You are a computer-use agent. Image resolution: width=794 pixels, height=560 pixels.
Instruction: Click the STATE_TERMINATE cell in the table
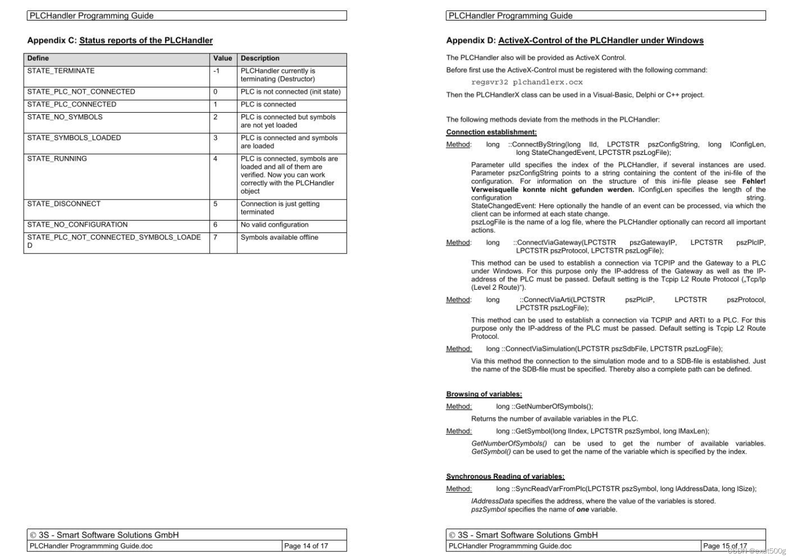61,71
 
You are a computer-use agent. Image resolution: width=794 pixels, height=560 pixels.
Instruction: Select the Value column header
223,58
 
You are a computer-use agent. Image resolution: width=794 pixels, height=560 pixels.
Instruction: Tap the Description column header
260,58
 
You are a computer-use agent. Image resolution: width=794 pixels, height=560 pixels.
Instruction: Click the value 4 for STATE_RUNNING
216,159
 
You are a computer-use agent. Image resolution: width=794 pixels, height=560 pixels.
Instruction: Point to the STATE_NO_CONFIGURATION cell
78,225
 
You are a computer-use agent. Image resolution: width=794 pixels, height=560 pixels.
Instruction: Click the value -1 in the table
217,71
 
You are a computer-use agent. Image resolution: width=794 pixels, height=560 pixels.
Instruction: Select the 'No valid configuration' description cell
274,225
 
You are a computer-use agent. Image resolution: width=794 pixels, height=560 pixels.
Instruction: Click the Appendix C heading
120,40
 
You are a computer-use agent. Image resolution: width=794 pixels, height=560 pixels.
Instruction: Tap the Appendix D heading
575,40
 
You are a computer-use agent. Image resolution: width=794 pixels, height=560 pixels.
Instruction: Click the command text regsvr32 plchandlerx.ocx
527,83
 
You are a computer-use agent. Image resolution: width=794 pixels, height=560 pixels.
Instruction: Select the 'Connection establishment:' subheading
491,132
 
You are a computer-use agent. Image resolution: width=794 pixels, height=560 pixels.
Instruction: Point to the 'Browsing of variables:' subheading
484,394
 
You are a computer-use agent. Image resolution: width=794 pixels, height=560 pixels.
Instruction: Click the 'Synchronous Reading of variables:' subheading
505,476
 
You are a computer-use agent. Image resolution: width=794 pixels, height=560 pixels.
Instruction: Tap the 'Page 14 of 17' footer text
306,546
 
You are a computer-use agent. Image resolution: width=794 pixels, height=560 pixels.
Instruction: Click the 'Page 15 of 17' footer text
724,546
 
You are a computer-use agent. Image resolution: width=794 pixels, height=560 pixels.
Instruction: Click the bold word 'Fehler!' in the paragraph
754,181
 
